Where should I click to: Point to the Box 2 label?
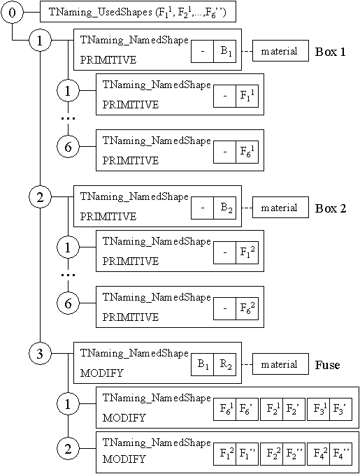coord(331,208)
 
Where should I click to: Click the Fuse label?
coord(327,365)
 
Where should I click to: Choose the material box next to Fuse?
coord(280,365)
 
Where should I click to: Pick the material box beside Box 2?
coord(280,208)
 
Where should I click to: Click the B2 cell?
coord(225,208)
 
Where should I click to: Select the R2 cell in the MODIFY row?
coord(225,365)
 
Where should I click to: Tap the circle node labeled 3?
coord(40,354)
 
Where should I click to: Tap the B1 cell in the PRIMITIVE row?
coord(225,51)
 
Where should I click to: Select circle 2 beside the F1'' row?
coord(68,450)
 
